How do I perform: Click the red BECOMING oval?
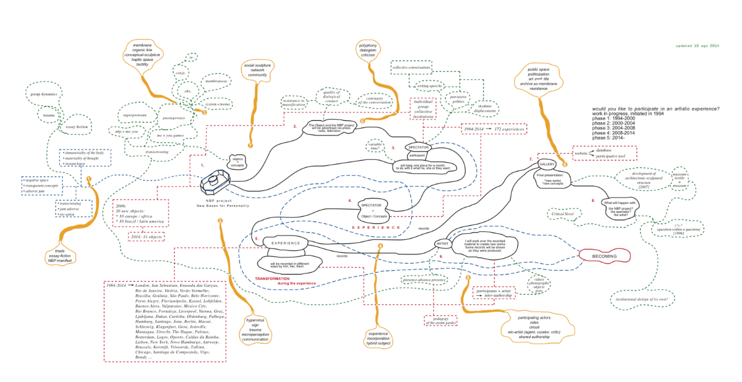point(604,256)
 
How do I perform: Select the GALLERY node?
point(547,164)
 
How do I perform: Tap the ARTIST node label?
point(442,243)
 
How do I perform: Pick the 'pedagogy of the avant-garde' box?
point(443,320)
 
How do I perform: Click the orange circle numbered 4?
point(380,247)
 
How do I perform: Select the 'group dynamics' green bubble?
point(44,95)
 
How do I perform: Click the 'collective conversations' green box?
point(412,68)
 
